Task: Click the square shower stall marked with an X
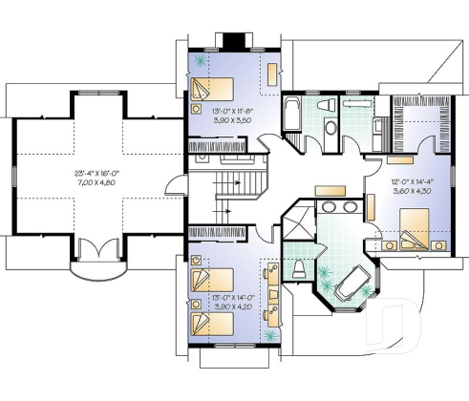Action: point(299,226)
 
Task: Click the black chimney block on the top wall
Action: point(234,41)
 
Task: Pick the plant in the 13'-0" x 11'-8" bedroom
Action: point(201,59)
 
